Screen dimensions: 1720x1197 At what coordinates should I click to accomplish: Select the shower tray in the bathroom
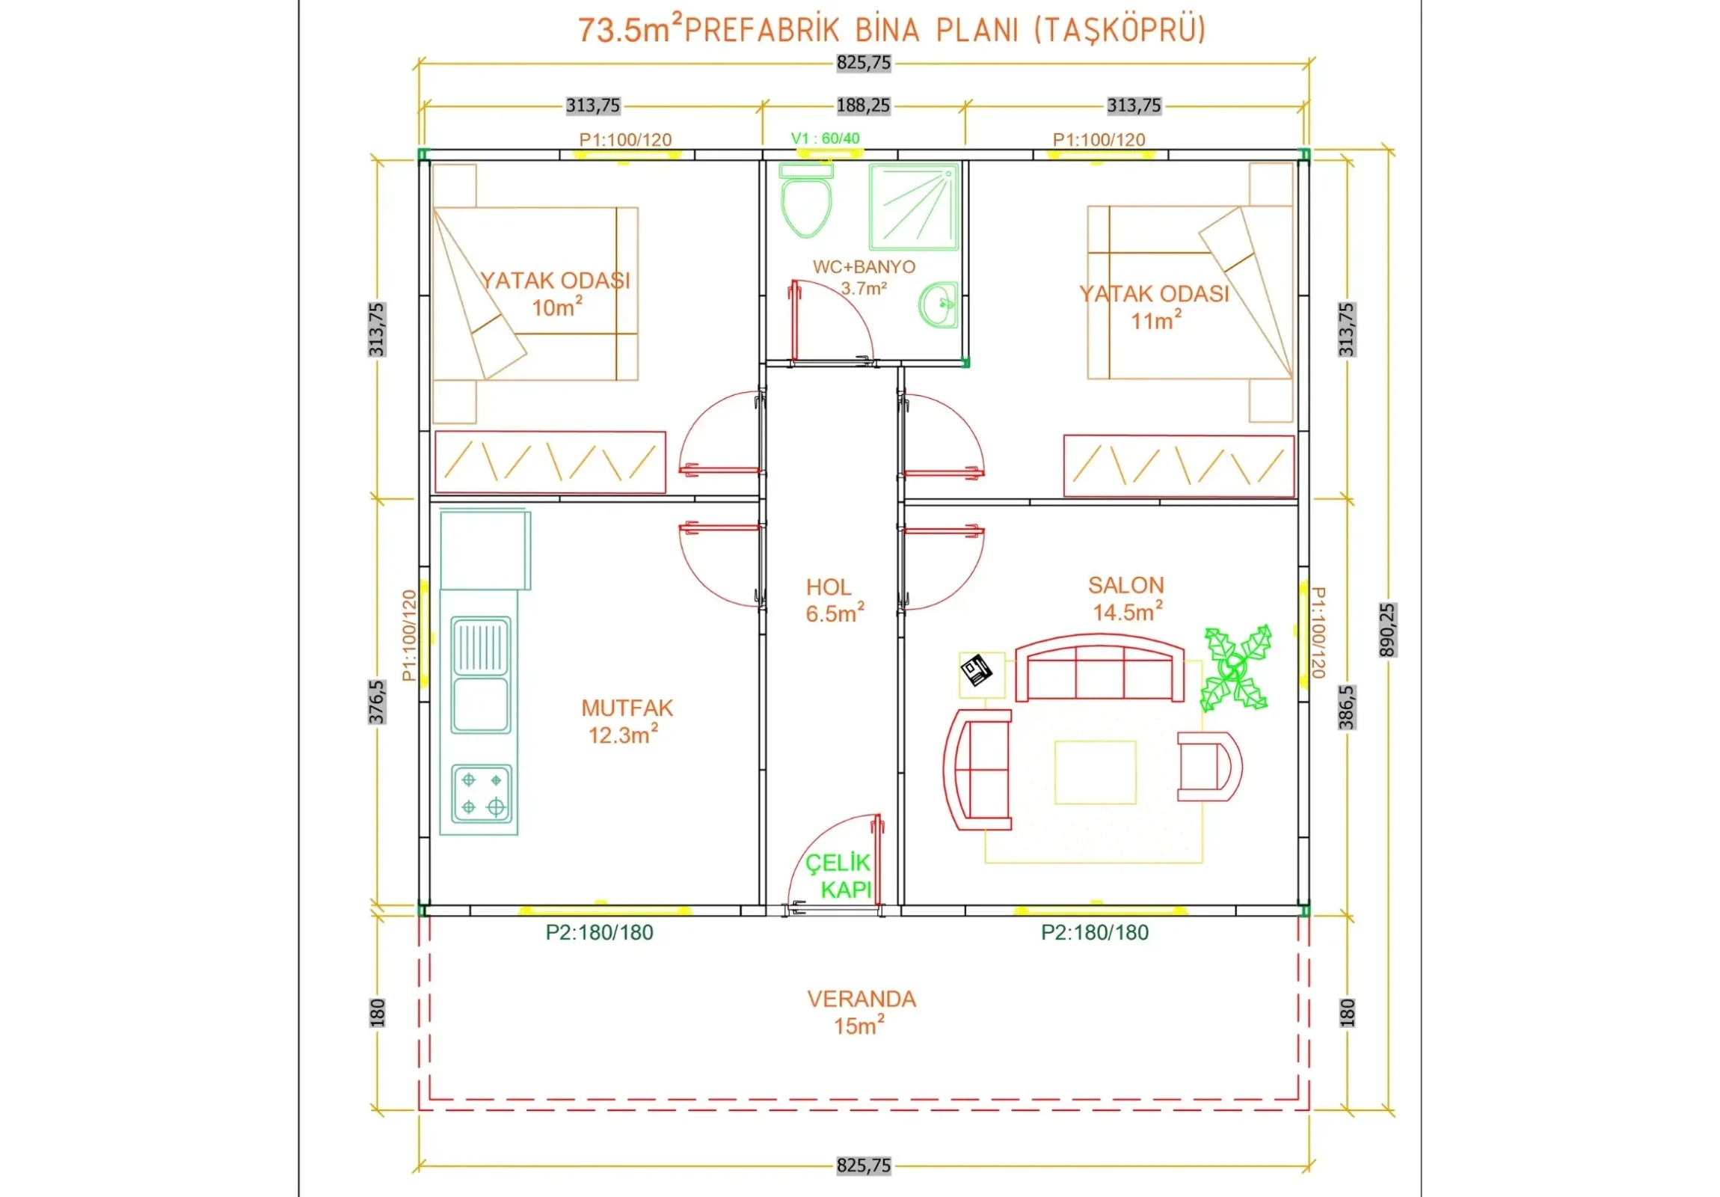click(x=914, y=207)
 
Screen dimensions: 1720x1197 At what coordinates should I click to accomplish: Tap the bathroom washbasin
click(x=938, y=305)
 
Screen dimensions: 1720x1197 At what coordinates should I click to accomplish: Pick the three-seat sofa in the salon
click(x=1099, y=669)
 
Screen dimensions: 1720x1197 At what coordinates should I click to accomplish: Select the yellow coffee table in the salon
click(x=1096, y=772)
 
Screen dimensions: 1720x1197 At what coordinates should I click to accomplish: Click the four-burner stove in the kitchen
click(x=482, y=794)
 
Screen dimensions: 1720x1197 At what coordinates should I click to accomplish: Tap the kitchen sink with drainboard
click(x=481, y=675)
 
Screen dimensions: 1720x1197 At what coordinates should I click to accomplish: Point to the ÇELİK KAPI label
click(x=838, y=875)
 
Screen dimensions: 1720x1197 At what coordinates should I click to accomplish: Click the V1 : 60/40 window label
click(x=826, y=138)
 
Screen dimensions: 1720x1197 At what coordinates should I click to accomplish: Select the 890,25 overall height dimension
click(x=1387, y=631)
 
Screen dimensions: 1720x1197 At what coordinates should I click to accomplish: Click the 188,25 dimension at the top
click(x=864, y=105)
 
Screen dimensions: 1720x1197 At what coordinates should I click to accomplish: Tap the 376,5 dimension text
click(x=377, y=702)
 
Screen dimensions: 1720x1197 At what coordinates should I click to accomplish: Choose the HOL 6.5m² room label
click(x=835, y=601)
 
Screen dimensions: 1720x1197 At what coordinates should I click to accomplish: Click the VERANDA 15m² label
click(x=861, y=1012)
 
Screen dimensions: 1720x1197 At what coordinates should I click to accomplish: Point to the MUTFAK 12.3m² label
click(x=627, y=721)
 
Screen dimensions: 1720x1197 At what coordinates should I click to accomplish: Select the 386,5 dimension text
click(x=1347, y=707)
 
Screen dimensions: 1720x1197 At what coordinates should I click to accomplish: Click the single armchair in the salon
click(x=1209, y=767)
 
